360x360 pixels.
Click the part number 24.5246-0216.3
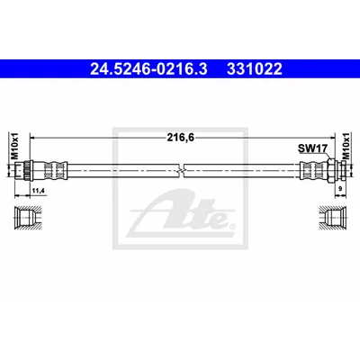[x=148, y=69]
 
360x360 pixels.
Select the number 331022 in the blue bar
[x=255, y=69]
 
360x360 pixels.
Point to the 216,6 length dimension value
[x=181, y=138]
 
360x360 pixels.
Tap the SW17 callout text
[x=312, y=148]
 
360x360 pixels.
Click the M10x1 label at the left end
[x=14, y=146]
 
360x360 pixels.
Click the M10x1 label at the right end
[x=346, y=146]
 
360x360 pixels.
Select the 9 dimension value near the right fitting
[x=340, y=189]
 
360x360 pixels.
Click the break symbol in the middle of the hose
[x=181, y=171]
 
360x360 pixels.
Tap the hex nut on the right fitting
[x=331, y=171]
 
